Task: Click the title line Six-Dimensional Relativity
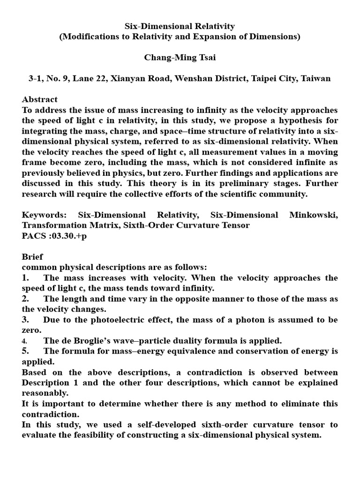click(x=180, y=26)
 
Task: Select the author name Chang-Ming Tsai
click(x=180, y=58)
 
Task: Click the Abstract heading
click(x=40, y=99)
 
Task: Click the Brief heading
click(x=32, y=257)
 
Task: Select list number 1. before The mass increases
click(x=26, y=278)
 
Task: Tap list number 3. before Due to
click(x=26, y=320)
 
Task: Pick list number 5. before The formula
click(x=26, y=351)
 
